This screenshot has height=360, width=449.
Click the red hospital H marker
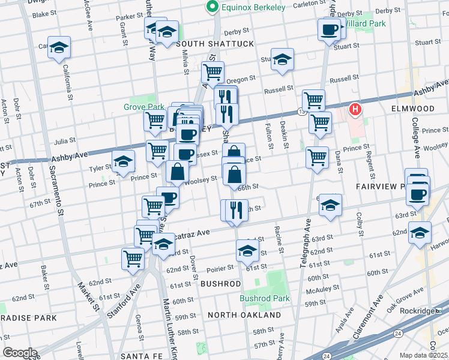click(x=356, y=109)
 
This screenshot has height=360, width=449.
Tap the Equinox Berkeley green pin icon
click(x=211, y=7)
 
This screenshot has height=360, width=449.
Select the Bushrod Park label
click(x=265, y=298)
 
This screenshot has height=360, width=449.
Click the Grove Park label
click(x=144, y=107)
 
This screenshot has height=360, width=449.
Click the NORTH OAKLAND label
click(x=244, y=315)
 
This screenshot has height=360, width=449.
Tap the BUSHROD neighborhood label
click(x=220, y=283)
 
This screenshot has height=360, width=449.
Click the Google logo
click(x=19, y=353)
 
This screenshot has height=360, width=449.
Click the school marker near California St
click(x=59, y=47)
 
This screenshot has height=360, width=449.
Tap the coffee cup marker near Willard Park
click(x=329, y=30)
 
